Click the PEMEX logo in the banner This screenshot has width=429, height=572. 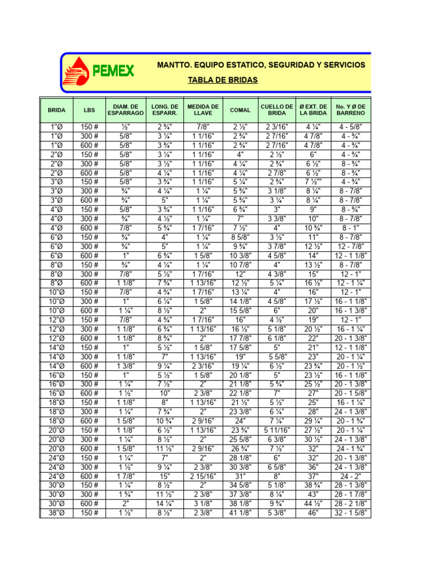coord(99,71)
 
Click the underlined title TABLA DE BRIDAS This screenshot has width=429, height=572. coord(223,80)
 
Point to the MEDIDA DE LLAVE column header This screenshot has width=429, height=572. coord(203,110)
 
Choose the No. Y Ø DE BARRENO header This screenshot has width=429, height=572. coord(350,110)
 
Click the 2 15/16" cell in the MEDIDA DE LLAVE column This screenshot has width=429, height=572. coord(203,476)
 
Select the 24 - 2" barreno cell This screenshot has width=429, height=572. coord(350,476)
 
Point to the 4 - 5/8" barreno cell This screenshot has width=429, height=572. coord(350,127)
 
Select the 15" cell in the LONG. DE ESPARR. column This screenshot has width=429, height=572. coord(165,476)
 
